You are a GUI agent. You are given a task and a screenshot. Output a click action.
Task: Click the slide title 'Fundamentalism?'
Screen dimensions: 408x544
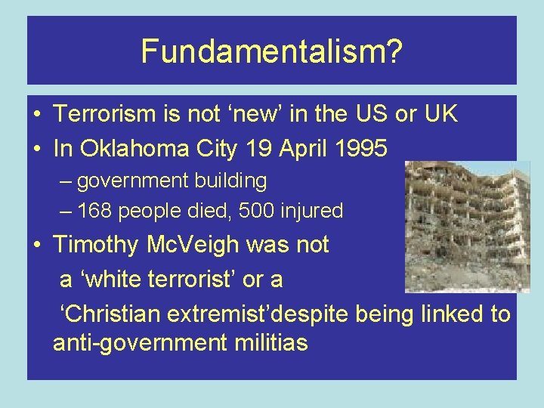271,51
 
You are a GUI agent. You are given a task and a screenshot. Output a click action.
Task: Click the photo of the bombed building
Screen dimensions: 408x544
467,227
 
